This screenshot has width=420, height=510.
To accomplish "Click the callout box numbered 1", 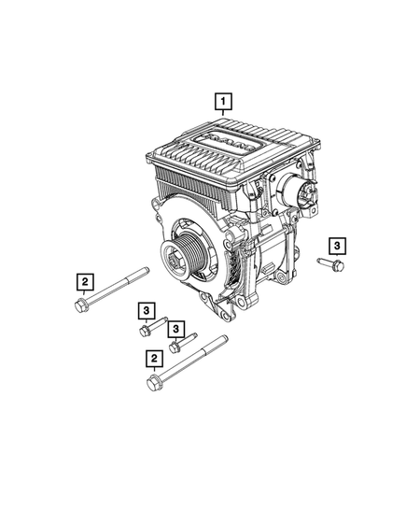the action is [223, 102].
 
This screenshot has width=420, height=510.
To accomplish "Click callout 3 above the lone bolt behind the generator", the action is [337, 246].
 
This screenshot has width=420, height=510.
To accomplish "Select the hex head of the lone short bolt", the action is [339, 265].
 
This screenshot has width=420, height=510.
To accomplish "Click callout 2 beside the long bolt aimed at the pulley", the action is [85, 282].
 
